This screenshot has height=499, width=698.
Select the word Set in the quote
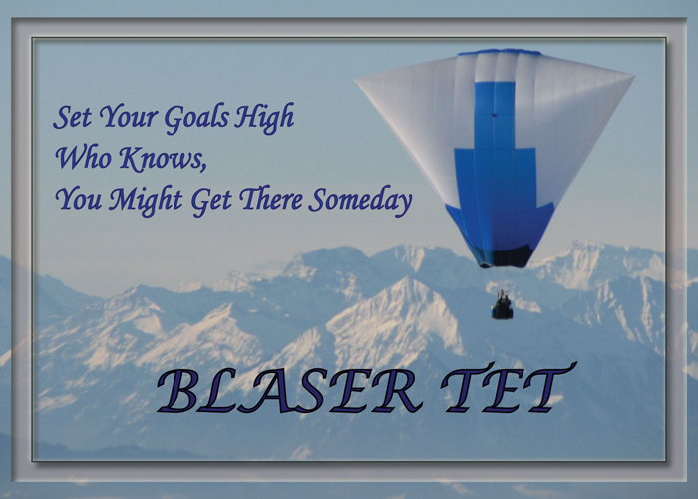click(72, 117)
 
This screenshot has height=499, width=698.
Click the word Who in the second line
click(83, 158)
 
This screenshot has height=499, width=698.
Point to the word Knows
click(160, 158)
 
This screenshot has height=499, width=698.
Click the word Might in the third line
click(146, 200)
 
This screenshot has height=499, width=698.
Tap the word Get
click(211, 200)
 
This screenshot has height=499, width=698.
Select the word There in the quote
click(271, 199)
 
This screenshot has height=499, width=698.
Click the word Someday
click(360, 201)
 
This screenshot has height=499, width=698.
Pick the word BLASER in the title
click(289, 391)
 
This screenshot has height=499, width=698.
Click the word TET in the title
click(509, 387)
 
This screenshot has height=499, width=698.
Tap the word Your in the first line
click(128, 117)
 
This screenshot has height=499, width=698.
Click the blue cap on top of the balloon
click(500, 52)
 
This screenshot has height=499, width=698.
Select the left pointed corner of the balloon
click(356, 80)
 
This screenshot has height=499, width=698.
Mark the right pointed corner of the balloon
click(634, 77)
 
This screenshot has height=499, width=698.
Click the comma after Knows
click(203, 168)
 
